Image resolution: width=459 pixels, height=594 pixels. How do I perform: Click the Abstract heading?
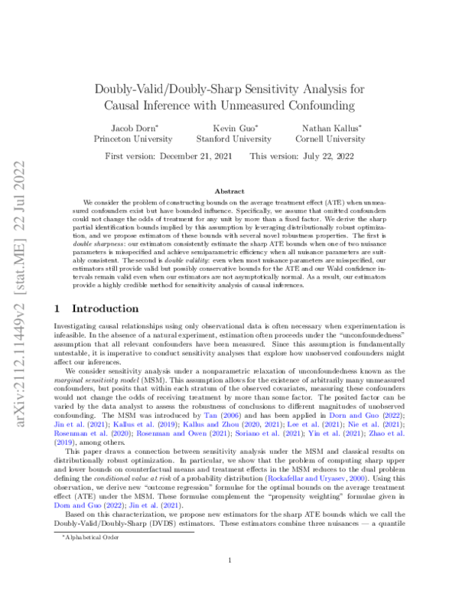[229, 191]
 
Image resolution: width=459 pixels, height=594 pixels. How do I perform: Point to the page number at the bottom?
[229, 560]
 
